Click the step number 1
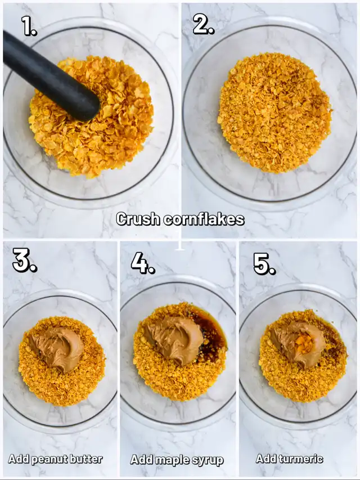point(29,26)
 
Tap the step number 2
point(203,24)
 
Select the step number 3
point(25,260)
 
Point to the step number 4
point(143,263)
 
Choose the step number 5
point(264,264)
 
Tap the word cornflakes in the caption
point(204,219)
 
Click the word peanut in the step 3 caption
point(50,459)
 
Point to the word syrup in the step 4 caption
point(209,461)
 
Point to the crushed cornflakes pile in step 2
point(274,113)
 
